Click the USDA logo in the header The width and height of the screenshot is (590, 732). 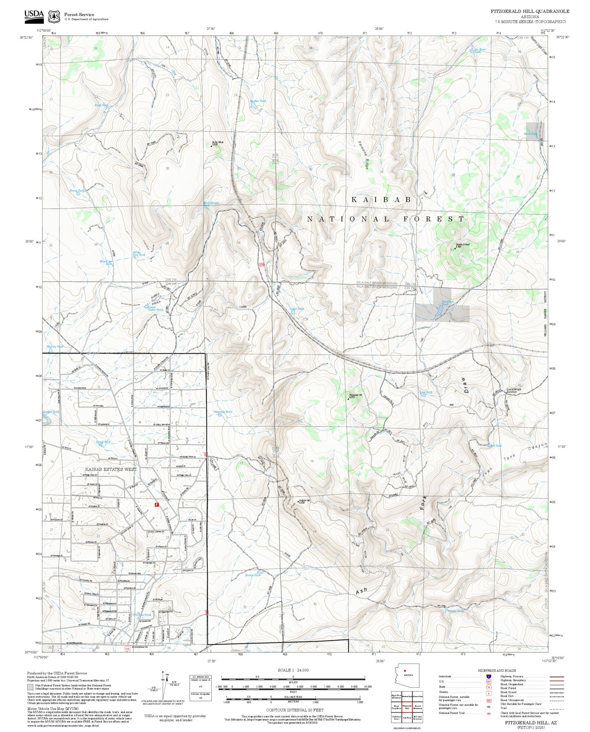pyautogui.click(x=34, y=17)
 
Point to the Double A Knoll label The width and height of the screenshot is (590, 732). pyautogui.click(x=462, y=245)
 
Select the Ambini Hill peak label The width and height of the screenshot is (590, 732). pyautogui.click(x=304, y=501)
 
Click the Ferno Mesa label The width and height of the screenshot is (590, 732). pyautogui.click(x=217, y=143)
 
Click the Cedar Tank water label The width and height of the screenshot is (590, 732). pyautogui.click(x=296, y=309)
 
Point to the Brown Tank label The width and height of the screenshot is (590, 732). pyautogui.click(x=253, y=575)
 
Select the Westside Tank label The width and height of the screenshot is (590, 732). pyautogui.click(x=223, y=412)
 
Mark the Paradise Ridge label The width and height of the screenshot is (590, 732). pyautogui.click(x=364, y=155)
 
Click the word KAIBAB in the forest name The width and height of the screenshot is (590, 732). pyautogui.click(x=381, y=199)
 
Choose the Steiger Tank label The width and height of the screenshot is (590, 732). pyautogui.click(x=455, y=611)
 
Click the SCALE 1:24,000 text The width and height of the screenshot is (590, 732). pyautogui.click(x=293, y=670)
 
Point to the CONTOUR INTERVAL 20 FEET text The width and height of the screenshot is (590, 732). pyautogui.click(x=295, y=710)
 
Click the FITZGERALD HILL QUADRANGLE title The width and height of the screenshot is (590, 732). pyautogui.click(x=530, y=11)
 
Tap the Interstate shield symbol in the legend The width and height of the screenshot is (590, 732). pyautogui.click(x=489, y=677)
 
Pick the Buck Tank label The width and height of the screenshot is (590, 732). pyautogui.click(x=531, y=134)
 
